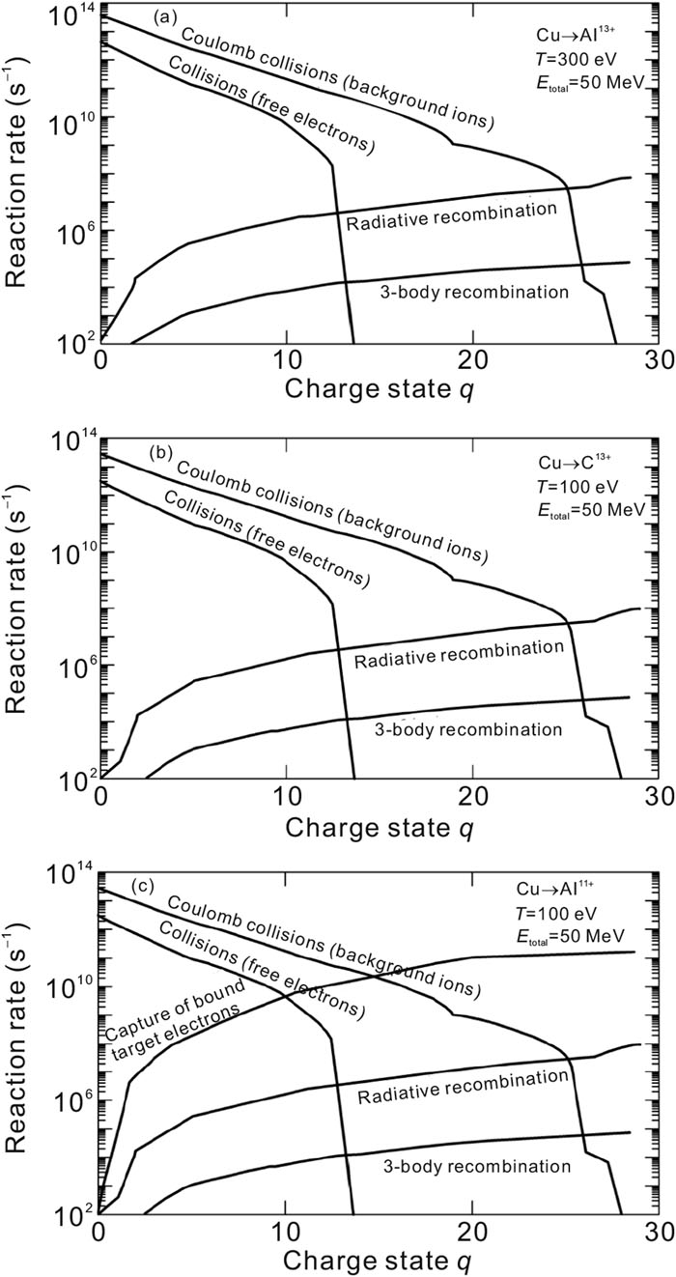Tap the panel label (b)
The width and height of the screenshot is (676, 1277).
(x=164, y=452)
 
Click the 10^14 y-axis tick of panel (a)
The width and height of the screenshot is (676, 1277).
(x=70, y=11)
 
